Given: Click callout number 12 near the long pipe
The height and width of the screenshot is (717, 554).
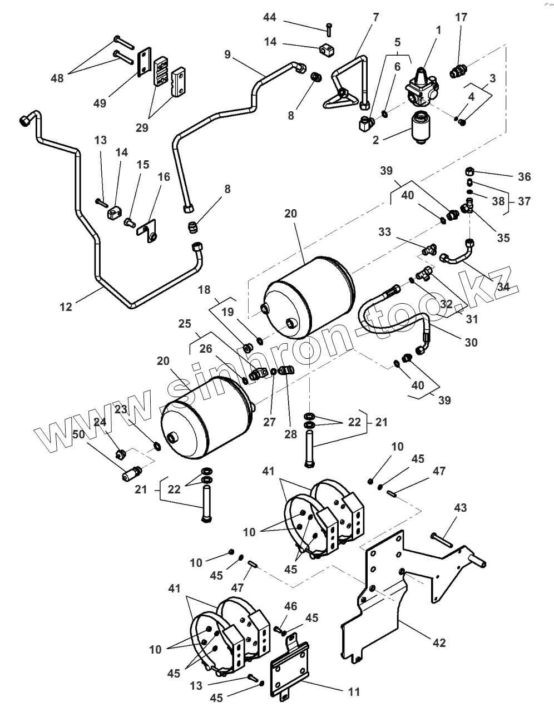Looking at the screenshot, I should tap(66, 306).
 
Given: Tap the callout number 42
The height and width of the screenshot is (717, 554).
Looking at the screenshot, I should tap(439, 642).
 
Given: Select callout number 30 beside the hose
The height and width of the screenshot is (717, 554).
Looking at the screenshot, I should tap(471, 343).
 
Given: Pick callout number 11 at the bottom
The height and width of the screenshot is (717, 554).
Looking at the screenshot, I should tap(354, 692).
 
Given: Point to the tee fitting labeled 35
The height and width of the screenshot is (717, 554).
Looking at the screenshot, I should tap(466, 207).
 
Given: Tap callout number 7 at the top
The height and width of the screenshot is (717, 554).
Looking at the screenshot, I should tap(375, 17).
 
